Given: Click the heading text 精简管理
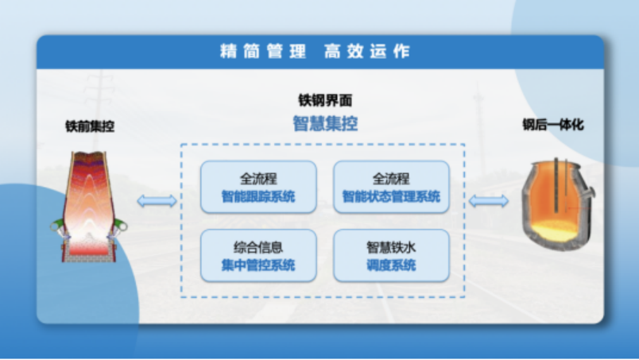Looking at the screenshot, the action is [x=263, y=52].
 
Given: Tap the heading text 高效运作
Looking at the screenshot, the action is [x=367, y=52].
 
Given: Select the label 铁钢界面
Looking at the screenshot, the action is [x=325, y=100].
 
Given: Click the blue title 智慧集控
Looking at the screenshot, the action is [x=325, y=123].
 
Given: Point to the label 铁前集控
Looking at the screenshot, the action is [x=90, y=126].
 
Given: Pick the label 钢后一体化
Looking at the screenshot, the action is [x=553, y=125].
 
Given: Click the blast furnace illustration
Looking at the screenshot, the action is [x=89, y=207].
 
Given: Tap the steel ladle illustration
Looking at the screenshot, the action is [x=557, y=204].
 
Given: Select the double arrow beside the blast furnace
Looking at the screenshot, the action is [x=157, y=201].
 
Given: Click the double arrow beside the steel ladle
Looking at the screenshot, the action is [x=489, y=201].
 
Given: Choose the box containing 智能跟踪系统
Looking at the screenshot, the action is [x=258, y=187].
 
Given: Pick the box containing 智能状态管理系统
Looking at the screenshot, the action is [x=391, y=187].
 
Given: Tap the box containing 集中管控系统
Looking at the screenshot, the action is [x=258, y=256].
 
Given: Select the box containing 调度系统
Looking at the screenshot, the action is [x=391, y=256].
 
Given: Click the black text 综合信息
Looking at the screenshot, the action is [x=258, y=247].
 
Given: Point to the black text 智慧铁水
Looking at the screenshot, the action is [x=391, y=247].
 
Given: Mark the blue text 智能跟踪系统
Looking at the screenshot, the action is [x=258, y=196].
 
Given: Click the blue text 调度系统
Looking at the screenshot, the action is [x=391, y=265].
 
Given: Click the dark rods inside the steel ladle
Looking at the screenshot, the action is [x=561, y=185].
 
